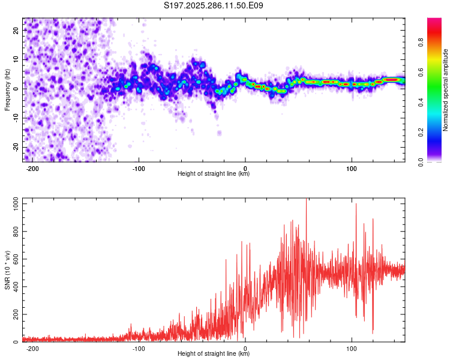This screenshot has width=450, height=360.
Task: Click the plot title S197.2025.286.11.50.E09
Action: point(214,5)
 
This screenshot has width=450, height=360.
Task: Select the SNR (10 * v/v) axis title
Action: point(7,270)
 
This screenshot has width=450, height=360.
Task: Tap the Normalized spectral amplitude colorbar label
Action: point(446,90)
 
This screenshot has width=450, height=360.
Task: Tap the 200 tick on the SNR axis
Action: point(15,314)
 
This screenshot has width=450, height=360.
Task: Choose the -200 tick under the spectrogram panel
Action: point(33,168)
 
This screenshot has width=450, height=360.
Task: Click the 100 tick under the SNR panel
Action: point(352,348)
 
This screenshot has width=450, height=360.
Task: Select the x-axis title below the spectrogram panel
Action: point(214,174)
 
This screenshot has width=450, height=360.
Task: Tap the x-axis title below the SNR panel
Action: point(214,354)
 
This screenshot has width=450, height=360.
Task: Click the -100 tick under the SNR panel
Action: point(139,348)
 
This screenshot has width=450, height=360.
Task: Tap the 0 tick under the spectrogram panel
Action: point(245,168)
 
